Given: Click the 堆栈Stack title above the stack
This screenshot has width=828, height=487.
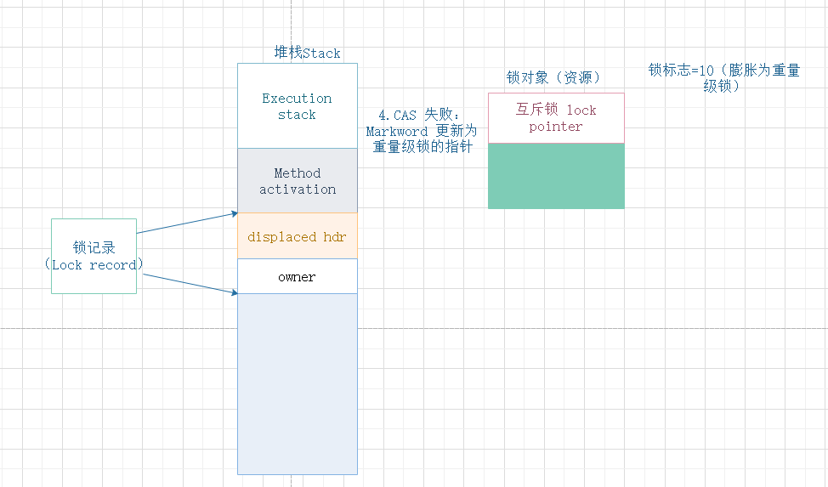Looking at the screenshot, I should pos(307,53).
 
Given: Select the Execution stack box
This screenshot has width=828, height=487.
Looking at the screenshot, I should pos(297,106).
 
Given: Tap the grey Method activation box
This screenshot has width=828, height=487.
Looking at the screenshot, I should pos(297,180).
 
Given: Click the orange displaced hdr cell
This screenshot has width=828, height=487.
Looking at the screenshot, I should pos(297,237).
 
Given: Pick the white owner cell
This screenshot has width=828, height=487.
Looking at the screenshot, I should pos(297,277).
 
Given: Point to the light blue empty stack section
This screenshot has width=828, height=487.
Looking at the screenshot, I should pos(297,382).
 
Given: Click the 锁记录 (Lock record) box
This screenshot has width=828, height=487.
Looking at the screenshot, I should pos(94,256).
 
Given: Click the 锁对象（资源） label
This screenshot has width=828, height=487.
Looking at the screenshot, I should pos(553,77).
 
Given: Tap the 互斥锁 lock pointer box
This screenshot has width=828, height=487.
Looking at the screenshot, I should pos(556,118).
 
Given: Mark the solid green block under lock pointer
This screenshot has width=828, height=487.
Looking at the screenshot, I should pos(556,175).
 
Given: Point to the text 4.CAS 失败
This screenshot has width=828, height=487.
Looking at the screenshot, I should pos(418,115).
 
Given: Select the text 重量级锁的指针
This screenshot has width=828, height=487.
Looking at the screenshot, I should pos(423,147).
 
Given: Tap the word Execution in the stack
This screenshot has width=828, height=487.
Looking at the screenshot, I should pos(297,99).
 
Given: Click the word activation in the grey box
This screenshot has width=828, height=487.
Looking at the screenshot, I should pos(298,189).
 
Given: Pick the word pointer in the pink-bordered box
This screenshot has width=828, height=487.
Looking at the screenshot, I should pos(556,127).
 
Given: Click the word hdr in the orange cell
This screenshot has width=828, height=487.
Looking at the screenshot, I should pos(335,237).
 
